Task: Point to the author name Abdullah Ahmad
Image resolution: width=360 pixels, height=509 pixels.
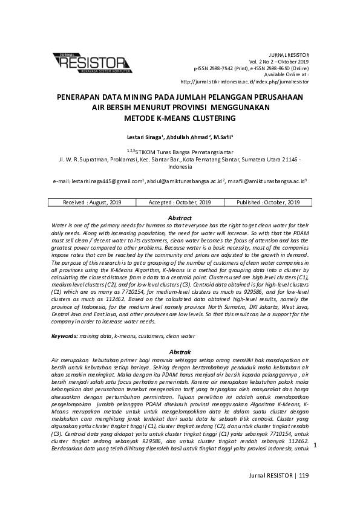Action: (188, 137)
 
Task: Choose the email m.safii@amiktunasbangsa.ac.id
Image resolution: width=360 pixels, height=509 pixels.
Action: (267, 181)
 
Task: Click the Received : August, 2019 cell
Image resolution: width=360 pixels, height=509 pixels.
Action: (93, 203)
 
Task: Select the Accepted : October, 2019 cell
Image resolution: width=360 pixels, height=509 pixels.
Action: (180, 203)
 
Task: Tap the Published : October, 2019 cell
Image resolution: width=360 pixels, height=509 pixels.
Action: (268, 203)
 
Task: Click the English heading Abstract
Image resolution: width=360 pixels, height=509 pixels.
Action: (180, 218)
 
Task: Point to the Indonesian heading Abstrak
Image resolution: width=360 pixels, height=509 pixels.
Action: (180, 351)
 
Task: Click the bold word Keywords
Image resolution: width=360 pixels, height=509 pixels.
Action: (64, 335)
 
